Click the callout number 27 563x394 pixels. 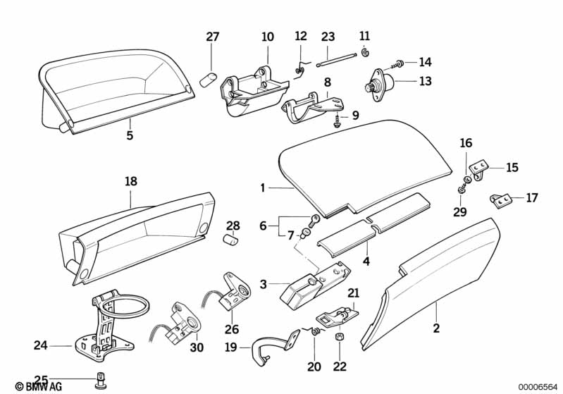[x=213, y=37]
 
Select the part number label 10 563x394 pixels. [x=268, y=37]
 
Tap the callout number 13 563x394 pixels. [x=425, y=81]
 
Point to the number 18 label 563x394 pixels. [x=131, y=181]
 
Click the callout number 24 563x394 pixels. [x=40, y=345]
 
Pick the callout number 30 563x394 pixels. [x=197, y=347]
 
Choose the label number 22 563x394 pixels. [x=340, y=367]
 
